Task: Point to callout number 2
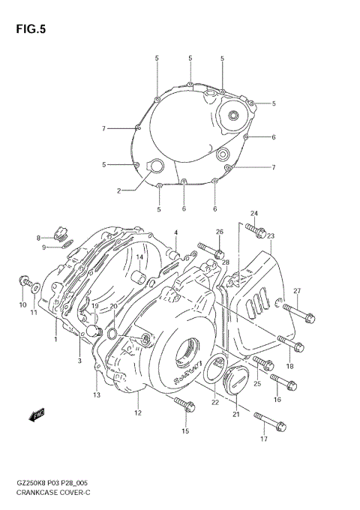pos(118,190)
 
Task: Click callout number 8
pos(38,238)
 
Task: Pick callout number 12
pos(137,412)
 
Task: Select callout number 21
pos(235,415)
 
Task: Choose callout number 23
pos(270,236)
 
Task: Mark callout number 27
pos(297,291)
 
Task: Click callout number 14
pos(139,257)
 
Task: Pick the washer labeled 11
pos(34,286)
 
